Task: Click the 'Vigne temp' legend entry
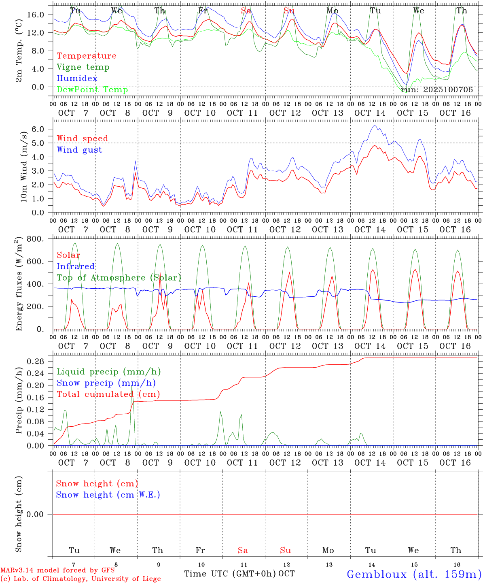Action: click(x=83, y=67)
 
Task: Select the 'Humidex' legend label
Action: click(x=77, y=79)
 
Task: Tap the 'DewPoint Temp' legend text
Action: click(x=92, y=90)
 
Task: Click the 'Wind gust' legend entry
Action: click(x=79, y=150)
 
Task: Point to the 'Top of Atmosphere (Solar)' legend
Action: click(x=119, y=278)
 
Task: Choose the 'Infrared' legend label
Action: click(x=76, y=266)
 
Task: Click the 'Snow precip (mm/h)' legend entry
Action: click(x=106, y=383)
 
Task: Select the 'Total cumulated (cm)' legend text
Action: click(x=108, y=394)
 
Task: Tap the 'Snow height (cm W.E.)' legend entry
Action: click(x=108, y=495)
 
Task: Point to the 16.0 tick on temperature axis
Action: click(x=36, y=15)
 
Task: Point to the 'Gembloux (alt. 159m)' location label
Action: click(x=414, y=574)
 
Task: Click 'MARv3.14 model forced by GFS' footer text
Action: click(x=57, y=570)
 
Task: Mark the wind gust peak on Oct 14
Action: click(x=375, y=125)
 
